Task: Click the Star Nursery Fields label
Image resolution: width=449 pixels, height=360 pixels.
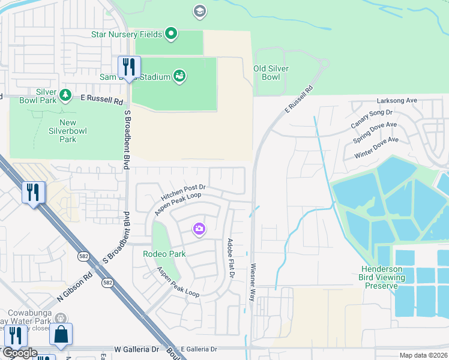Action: (126, 34)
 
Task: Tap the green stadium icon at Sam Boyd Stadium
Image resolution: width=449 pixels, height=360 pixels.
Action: (179, 76)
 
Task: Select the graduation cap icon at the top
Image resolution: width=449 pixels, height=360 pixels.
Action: (199, 11)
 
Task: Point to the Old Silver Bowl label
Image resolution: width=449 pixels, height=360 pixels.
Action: (271, 73)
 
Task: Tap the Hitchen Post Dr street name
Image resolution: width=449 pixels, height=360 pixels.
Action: (184, 193)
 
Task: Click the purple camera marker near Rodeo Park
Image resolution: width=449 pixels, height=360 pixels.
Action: (199, 229)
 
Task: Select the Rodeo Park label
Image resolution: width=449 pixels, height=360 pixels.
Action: (164, 254)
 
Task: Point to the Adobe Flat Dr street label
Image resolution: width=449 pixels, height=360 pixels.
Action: (231, 259)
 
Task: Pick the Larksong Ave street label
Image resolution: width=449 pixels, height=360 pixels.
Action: (396, 101)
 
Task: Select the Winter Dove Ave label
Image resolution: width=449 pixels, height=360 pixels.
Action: (376, 148)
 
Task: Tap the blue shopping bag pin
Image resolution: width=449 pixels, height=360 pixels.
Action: (61, 335)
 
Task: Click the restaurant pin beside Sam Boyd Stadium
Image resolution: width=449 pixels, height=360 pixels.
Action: (129, 67)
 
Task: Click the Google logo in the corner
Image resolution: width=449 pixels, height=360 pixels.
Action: (20, 353)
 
